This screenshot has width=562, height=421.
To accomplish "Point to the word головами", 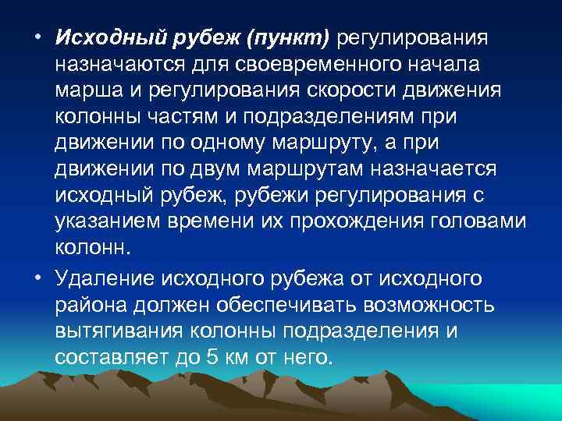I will [478, 222].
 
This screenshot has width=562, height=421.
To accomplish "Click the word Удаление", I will [105, 278].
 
